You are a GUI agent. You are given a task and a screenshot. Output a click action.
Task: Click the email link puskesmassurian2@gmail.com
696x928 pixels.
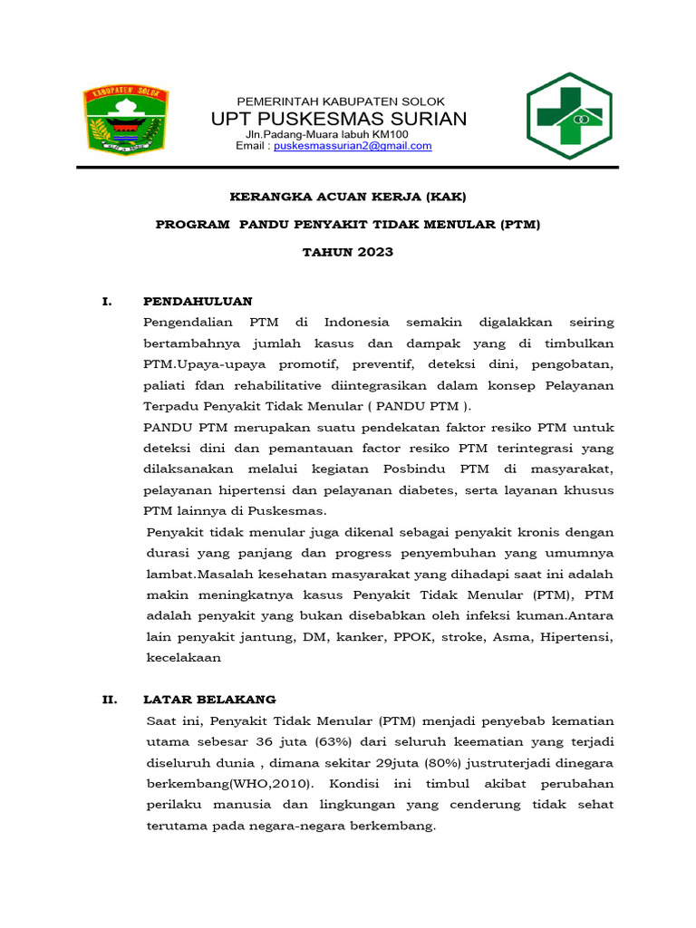click(x=353, y=146)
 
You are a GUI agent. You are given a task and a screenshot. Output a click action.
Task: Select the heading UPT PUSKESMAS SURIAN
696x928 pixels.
click(x=339, y=119)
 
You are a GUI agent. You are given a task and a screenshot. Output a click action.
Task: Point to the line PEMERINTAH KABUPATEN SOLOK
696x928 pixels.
click(x=341, y=101)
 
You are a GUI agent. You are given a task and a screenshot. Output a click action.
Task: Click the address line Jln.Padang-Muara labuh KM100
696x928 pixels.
click(x=333, y=134)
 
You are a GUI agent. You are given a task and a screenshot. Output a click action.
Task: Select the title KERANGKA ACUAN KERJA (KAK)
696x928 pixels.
click(x=348, y=197)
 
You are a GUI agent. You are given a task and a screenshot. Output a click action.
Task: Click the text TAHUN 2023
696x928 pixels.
click(x=348, y=252)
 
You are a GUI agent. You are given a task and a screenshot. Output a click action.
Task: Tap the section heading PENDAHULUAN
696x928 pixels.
click(x=198, y=301)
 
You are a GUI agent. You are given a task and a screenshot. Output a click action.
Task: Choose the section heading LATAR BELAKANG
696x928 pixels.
click(x=209, y=700)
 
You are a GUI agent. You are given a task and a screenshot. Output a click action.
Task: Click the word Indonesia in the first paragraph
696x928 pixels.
click(x=357, y=322)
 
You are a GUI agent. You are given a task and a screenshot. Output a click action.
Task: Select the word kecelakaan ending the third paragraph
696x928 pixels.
click(x=183, y=659)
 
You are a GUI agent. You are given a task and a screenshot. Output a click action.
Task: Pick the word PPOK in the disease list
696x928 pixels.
click(x=413, y=637)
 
